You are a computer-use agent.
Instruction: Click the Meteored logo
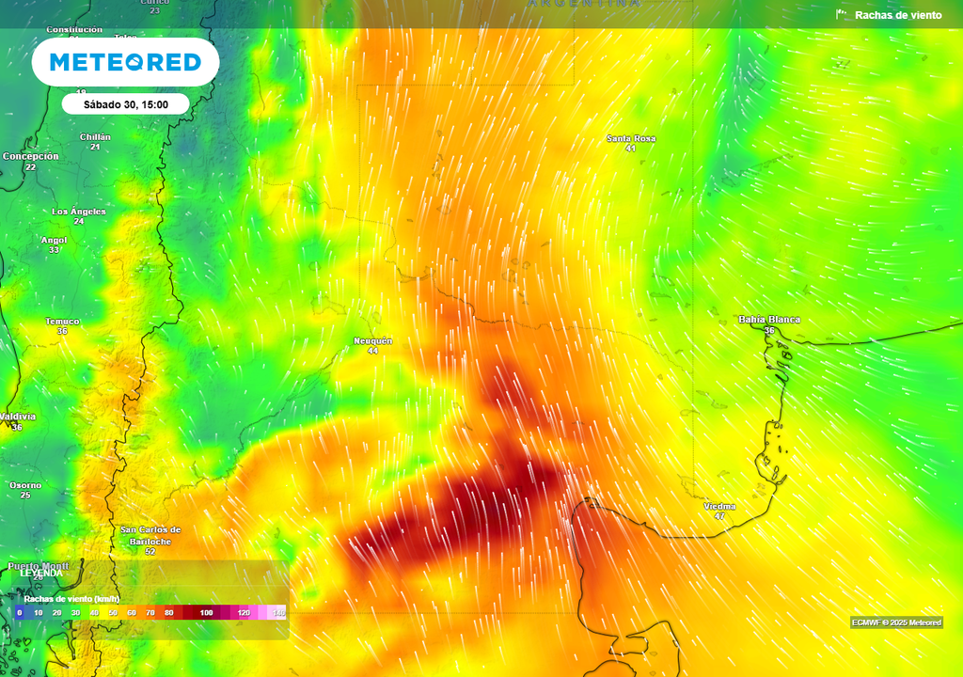point(125,62)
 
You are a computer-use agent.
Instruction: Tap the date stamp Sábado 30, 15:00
point(126,104)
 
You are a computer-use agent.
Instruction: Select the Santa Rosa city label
point(631,138)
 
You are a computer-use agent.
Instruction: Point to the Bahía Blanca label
point(769,320)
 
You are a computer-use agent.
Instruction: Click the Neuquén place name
point(372,340)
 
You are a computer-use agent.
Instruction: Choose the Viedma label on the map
point(719,507)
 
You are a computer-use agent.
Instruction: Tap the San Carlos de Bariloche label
point(150,535)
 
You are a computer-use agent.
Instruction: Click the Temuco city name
point(62,322)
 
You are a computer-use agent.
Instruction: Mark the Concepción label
point(30,156)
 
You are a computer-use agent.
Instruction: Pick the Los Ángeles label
point(79,212)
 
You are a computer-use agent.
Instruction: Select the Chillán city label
point(95,137)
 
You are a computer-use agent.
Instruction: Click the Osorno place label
point(25,485)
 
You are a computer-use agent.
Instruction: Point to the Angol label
point(54,240)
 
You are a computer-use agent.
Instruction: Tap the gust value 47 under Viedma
point(719,517)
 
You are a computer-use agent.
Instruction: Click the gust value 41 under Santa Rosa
point(631,149)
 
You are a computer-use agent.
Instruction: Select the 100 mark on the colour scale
point(206,613)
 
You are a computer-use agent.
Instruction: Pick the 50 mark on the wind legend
point(113,613)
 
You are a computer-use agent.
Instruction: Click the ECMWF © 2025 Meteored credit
point(896,622)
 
